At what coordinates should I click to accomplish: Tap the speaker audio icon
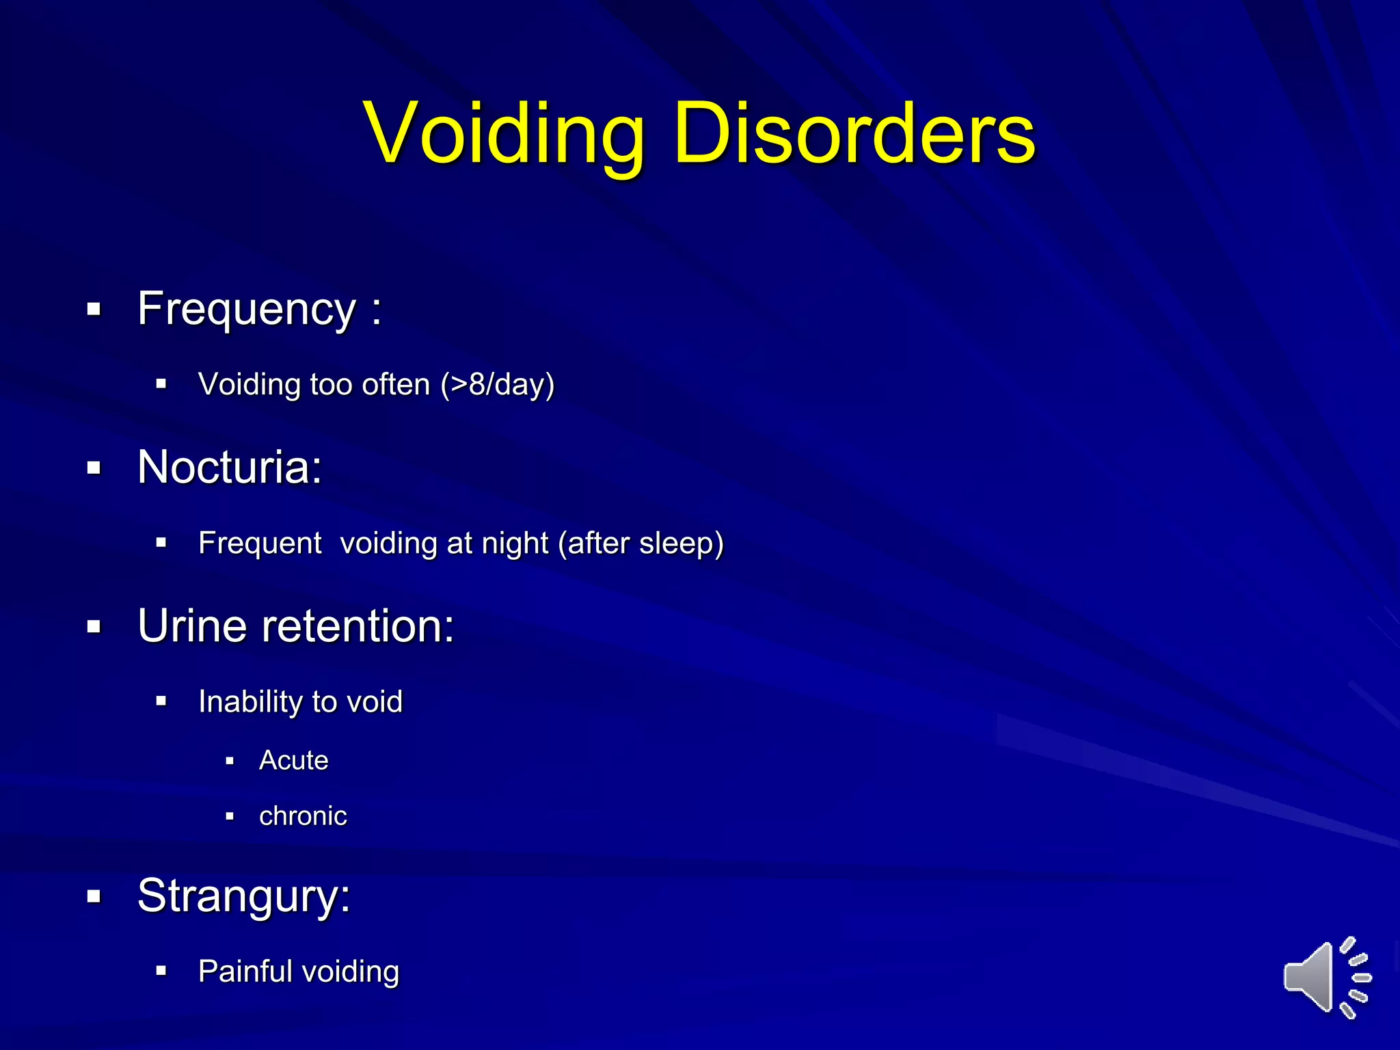1326,977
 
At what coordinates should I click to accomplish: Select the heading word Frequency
247,310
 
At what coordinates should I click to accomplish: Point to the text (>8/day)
497,384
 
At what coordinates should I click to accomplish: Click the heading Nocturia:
230,468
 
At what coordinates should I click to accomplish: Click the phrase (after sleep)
641,543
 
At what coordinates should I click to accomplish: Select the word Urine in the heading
192,626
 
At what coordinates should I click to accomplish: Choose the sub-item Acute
294,760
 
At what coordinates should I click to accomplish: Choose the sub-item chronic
303,816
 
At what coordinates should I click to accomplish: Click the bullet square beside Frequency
94,310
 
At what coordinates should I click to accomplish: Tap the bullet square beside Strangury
94,896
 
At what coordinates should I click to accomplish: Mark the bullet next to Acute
230,761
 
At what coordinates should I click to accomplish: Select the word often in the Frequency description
396,384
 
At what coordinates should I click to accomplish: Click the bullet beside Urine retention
94,626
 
